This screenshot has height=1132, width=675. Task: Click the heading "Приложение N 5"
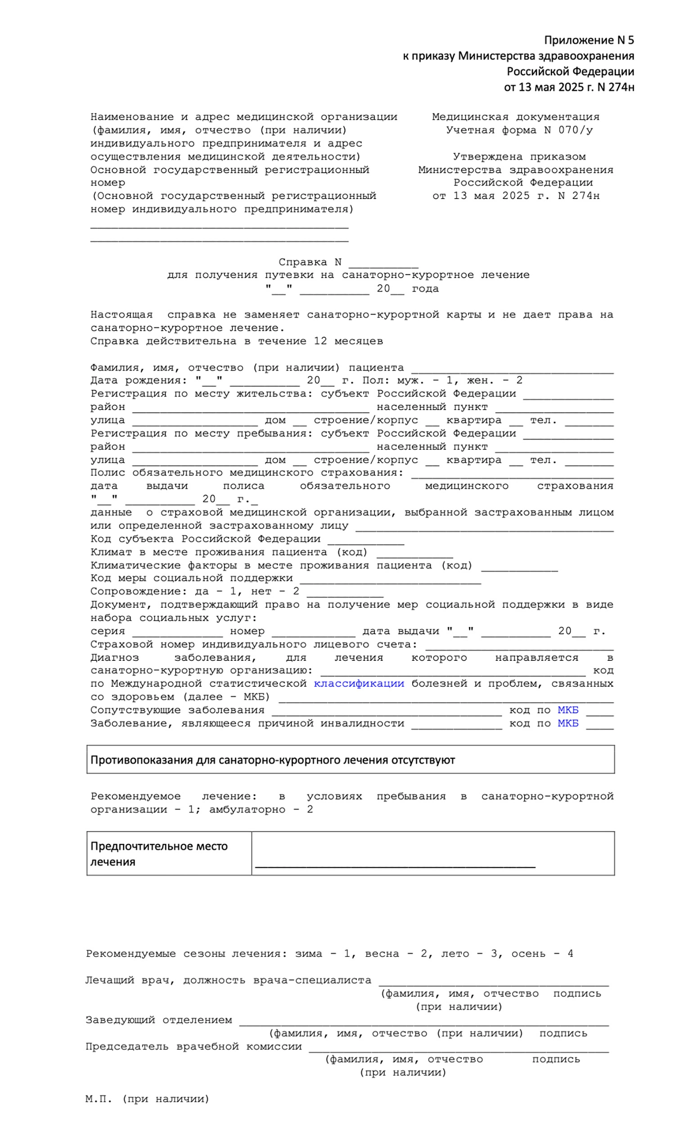tap(589, 41)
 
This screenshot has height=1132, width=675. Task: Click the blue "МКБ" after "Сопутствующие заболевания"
tap(567, 710)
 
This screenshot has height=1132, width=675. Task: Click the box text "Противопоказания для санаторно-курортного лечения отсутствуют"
tap(272, 760)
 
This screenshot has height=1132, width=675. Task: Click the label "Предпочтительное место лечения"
tap(159, 854)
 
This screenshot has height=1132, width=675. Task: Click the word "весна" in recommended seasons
tap(382, 954)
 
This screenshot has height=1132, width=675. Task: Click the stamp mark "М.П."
tap(98, 1099)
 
